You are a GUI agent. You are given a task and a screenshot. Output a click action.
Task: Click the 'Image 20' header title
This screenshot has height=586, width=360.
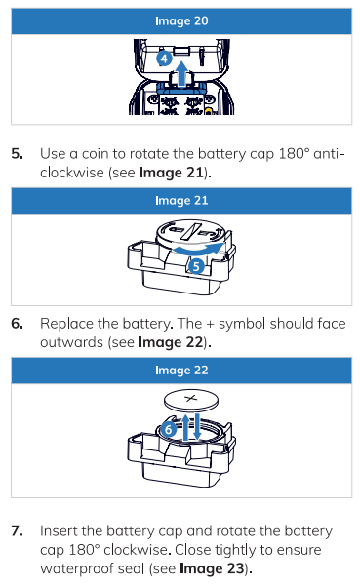click(x=181, y=20)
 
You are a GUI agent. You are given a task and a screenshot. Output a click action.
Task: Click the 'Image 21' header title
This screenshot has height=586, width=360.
click(x=181, y=200)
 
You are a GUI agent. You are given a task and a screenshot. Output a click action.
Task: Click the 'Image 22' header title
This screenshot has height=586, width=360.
click(x=181, y=370)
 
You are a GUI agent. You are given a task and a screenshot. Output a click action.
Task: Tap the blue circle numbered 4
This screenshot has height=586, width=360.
click(x=164, y=59)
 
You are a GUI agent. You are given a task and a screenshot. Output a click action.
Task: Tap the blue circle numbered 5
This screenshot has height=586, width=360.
click(x=196, y=266)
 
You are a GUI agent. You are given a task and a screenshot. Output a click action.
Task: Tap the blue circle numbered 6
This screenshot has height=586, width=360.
click(x=168, y=429)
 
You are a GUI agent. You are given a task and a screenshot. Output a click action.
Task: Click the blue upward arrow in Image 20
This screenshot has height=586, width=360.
click(x=181, y=74)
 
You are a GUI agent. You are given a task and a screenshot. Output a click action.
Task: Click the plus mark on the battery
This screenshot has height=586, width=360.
click(x=191, y=399)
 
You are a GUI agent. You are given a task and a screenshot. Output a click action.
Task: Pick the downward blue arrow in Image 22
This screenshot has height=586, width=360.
click(x=197, y=427)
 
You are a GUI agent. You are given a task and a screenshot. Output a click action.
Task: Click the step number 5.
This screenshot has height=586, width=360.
click(x=17, y=154)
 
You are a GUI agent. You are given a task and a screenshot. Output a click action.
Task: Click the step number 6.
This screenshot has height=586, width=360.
click(x=17, y=324)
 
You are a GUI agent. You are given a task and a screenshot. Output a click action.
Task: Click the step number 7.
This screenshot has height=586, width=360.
click(x=17, y=530)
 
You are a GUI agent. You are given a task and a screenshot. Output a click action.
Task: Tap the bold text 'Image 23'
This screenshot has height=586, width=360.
click(x=212, y=568)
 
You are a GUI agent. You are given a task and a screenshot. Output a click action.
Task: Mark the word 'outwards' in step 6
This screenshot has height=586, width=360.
click(x=71, y=342)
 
